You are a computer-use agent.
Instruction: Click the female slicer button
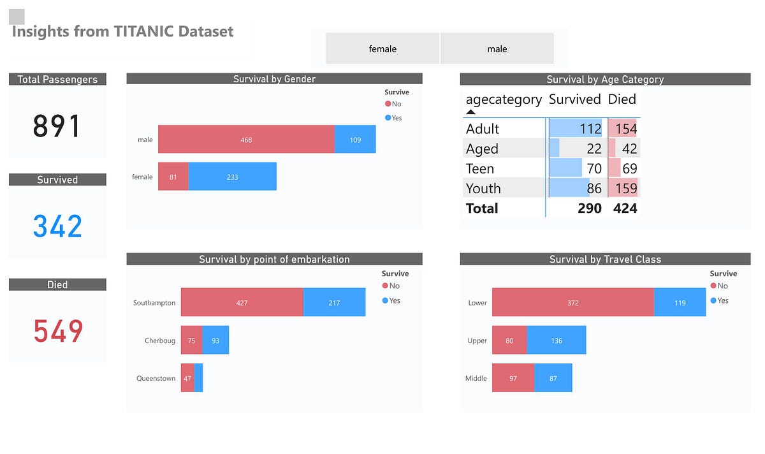coord(382,49)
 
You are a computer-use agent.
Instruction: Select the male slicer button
coord(497,49)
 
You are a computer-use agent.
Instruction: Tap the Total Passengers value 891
coord(57,126)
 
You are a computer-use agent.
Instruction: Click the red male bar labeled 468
coord(246,140)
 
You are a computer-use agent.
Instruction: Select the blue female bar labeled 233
coord(232,177)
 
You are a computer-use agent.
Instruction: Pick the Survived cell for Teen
coord(577,168)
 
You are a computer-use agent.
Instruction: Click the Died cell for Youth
coord(623,188)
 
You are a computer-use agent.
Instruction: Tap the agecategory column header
coord(504,99)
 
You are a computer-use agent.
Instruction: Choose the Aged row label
coord(482,149)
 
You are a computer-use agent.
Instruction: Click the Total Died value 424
coord(625,208)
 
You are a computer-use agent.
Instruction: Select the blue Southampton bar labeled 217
coord(334,303)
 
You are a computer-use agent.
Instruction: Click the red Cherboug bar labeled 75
coord(191,340)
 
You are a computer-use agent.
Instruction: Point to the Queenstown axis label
coord(156,378)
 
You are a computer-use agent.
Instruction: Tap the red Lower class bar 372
coord(572,303)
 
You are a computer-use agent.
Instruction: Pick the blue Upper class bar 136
coord(557,340)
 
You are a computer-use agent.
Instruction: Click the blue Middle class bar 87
coord(553,378)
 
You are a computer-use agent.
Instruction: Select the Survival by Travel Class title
coord(605,260)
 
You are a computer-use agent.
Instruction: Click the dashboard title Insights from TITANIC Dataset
coord(123,31)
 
